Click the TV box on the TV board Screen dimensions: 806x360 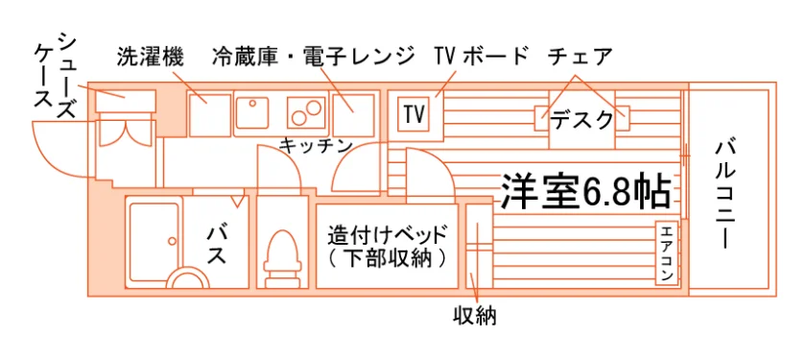coord(414,114)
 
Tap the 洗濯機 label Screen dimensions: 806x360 coord(150,58)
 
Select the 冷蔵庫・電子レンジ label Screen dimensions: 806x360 coord(313,57)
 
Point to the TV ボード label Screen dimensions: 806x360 coord(481,57)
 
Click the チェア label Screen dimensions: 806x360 coord(581,57)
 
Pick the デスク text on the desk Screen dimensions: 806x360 coord(581,121)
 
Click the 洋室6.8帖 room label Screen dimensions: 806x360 coord(585,191)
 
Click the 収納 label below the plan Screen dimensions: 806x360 coord(474,316)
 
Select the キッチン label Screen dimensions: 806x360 coord(315,146)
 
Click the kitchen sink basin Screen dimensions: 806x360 coord(251,114)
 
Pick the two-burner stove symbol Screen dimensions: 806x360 coord(306,111)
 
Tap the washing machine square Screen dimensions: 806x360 coord(209,114)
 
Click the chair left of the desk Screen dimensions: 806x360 coord(542,118)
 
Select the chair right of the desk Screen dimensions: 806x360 coord(623,118)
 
